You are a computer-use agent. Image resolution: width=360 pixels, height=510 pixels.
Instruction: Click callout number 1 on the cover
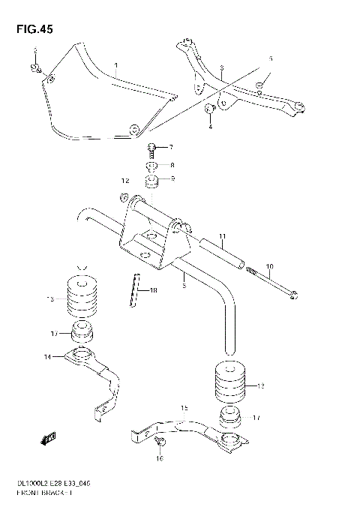pyautogui.click(x=115, y=67)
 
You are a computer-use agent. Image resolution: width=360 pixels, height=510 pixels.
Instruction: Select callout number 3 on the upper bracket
pyautogui.click(x=222, y=69)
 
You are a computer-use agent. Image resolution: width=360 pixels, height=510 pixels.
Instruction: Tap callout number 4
pyautogui.click(x=211, y=126)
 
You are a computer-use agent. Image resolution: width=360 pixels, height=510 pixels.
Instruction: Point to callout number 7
pyautogui.click(x=170, y=147)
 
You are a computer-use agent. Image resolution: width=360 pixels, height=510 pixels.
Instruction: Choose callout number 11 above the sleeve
pyautogui.click(x=222, y=238)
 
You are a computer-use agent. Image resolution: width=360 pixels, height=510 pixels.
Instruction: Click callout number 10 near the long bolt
pyautogui.click(x=269, y=266)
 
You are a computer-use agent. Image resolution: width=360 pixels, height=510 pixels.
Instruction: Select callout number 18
pyautogui.click(x=153, y=290)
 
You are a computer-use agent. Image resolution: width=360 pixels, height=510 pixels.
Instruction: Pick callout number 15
pyautogui.click(x=184, y=408)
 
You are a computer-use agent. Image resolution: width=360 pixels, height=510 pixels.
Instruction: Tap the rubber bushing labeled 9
pyautogui.click(x=152, y=182)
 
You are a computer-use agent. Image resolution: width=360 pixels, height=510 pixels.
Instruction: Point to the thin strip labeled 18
pyautogui.click(x=136, y=291)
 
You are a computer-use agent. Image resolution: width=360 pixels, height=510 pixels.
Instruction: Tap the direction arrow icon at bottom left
pyautogui.click(x=51, y=439)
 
